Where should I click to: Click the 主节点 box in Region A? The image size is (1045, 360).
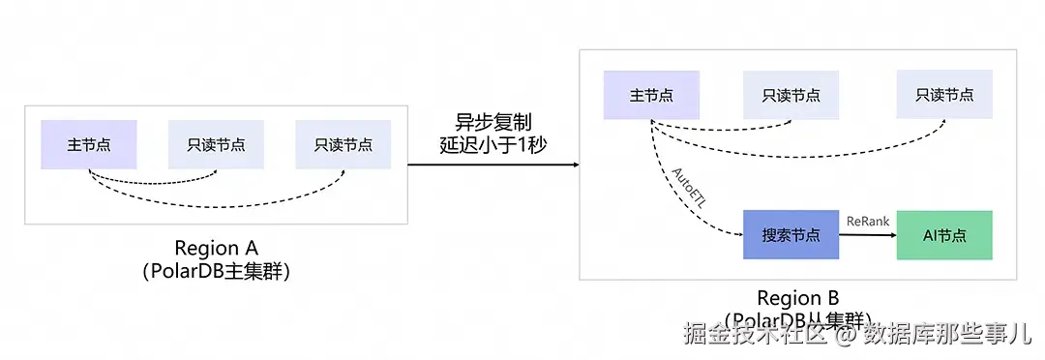click(x=88, y=145)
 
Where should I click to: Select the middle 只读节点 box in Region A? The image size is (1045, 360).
click(x=216, y=145)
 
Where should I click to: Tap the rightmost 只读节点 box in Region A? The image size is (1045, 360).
click(x=343, y=145)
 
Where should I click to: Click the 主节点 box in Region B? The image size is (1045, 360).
click(x=650, y=95)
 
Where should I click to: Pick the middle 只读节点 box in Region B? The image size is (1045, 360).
click(x=791, y=95)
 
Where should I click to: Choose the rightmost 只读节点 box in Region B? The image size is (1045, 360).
click(x=944, y=95)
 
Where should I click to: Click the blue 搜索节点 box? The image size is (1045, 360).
click(x=791, y=234)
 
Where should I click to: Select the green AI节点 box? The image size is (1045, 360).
click(x=944, y=234)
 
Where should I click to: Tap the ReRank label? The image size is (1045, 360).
click(x=867, y=222)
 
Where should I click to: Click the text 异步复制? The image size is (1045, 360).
click(x=493, y=123)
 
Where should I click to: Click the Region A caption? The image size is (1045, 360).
click(x=216, y=248)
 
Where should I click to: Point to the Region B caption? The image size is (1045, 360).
click(x=797, y=297)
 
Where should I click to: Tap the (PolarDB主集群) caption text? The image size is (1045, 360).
click(x=216, y=271)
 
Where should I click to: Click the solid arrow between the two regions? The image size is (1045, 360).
click(x=493, y=165)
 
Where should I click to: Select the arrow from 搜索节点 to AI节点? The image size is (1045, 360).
click(x=867, y=235)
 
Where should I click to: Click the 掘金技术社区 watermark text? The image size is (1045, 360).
click(x=755, y=335)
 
